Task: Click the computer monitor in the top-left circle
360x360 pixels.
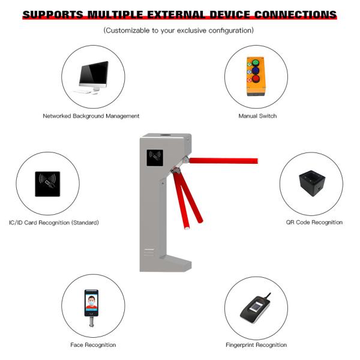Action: (93, 75)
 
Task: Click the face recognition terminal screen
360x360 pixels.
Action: (91, 302)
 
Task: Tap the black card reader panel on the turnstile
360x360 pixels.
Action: (155, 158)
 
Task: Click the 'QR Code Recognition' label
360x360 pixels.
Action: (314, 222)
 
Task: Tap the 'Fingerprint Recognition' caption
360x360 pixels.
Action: (256, 345)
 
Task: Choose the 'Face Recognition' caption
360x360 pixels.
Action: (93, 345)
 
